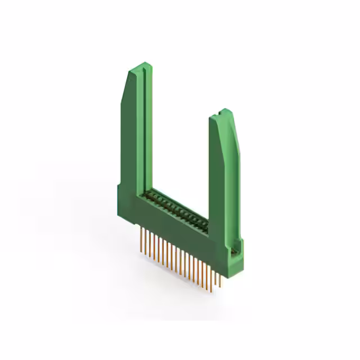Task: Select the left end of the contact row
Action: click(x=147, y=193)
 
